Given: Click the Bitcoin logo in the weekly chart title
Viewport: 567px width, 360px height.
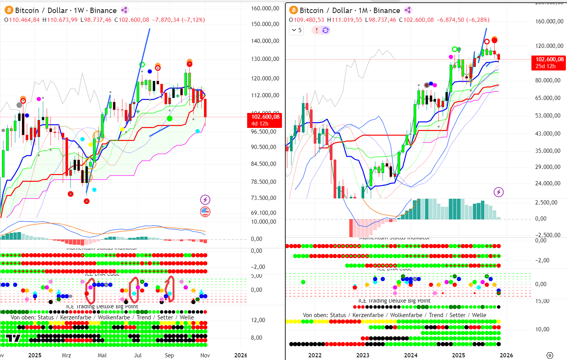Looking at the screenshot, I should tap(8, 10).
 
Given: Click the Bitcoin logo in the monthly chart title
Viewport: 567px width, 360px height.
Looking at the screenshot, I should tap(293, 10).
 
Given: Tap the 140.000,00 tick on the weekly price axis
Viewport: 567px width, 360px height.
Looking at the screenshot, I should tap(265, 41).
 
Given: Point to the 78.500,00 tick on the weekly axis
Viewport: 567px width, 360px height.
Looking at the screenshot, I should tap(264, 182).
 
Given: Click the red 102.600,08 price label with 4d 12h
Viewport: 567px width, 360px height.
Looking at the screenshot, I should tap(265, 120).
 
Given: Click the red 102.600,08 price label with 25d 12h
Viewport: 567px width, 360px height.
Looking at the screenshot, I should tap(549, 62).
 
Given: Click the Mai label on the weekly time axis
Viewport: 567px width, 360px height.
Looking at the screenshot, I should tap(102, 355).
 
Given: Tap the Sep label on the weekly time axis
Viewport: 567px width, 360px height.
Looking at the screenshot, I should tap(169, 355).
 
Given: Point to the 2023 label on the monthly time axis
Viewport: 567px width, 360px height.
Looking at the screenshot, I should tap(363, 355).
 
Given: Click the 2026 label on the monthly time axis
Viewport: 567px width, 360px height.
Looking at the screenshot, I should tap(506, 355).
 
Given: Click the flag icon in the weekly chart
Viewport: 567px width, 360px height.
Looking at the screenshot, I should tap(205, 211).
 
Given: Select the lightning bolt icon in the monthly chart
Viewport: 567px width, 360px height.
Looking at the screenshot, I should tap(499, 192).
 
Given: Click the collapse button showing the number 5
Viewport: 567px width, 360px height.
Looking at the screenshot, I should tap(297, 30).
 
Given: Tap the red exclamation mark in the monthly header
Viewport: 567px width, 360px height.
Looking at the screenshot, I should tap(316, 30).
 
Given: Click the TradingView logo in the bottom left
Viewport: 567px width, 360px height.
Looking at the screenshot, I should tap(13, 338).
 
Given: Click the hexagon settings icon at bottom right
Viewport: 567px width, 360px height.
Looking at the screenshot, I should tap(550, 355).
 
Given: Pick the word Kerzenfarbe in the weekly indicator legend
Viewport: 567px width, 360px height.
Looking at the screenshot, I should tap(76, 317).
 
